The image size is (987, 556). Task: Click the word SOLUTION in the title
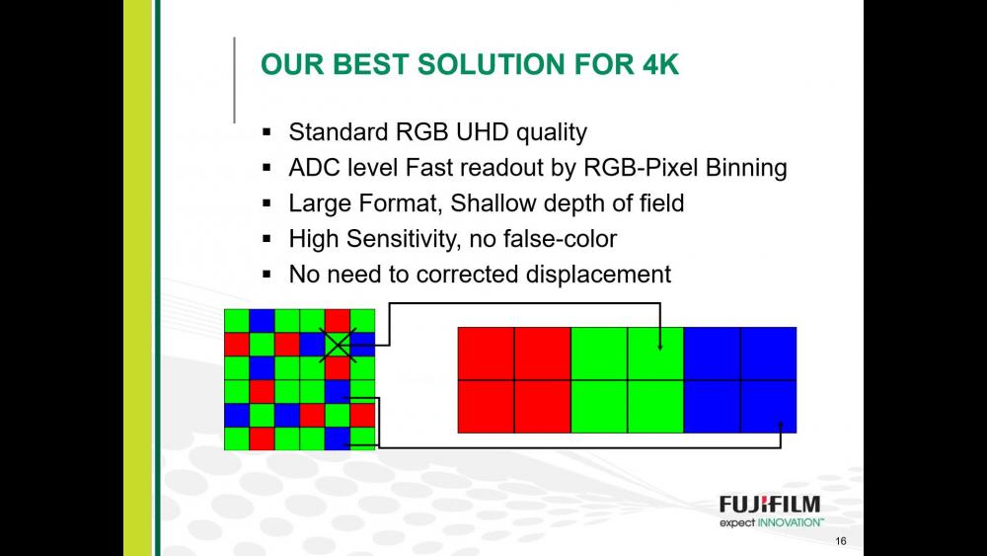(x=491, y=64)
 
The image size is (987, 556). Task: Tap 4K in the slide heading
(x=658, y=64)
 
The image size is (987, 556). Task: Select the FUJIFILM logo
(x=770, y=505)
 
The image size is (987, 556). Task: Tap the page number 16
(x=841, y=541)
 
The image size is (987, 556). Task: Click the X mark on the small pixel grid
(x=338, y=345)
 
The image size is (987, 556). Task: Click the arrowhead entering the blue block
(x=781, y=425)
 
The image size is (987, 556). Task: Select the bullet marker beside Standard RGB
(x=266, y=132)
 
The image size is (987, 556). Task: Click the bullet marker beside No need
(x=266, y=275)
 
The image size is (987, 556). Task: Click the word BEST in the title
(x=370, y=64)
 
